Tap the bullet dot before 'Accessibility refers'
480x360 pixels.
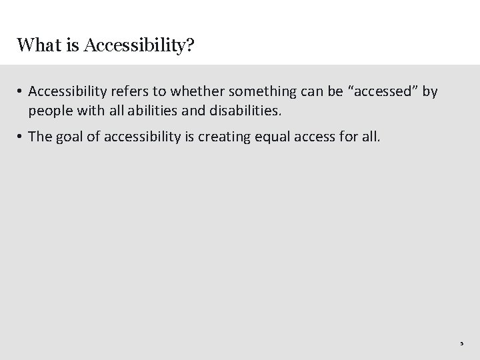point(21,92)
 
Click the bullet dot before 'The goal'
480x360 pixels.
point(21,137)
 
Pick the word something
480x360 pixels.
point(271,91)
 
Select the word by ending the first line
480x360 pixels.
point(430,91)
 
